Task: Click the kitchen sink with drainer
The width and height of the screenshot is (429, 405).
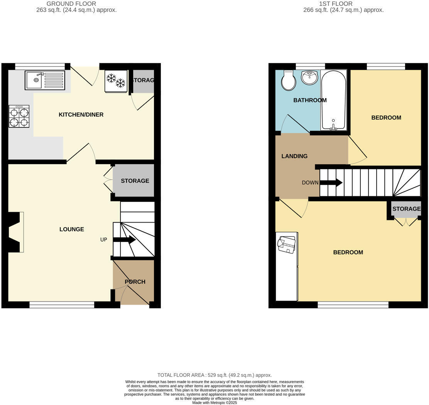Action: (44, 80)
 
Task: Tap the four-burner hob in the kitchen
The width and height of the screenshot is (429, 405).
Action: (19, 116)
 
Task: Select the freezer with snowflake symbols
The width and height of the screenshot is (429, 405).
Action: (116, 81)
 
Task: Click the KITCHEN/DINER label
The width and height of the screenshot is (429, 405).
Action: (81, 115)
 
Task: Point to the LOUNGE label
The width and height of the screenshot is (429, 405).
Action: (72, 230)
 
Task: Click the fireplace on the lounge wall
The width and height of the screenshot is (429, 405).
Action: (15, 232)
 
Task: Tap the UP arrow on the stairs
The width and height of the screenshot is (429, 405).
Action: (124, 240)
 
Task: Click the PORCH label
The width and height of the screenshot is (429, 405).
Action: (135, 282)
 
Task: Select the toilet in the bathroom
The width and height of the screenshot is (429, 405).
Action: (289, 80)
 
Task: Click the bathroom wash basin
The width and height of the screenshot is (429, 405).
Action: (309, 78)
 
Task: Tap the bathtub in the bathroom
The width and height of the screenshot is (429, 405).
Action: (334, 100)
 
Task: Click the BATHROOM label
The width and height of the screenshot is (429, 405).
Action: (310, 100)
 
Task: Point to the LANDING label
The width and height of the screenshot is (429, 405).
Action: (294, 157)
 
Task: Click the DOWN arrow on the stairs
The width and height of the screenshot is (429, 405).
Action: (331, 182)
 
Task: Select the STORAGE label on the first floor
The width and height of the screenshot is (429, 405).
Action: (406, 209)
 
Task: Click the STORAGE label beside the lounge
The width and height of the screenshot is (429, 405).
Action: (135, 181)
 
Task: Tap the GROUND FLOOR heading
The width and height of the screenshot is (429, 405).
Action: (71, 4)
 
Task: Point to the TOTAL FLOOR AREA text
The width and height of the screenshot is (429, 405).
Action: (214, 375)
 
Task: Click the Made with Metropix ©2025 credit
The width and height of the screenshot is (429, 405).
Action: (214, 403)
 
